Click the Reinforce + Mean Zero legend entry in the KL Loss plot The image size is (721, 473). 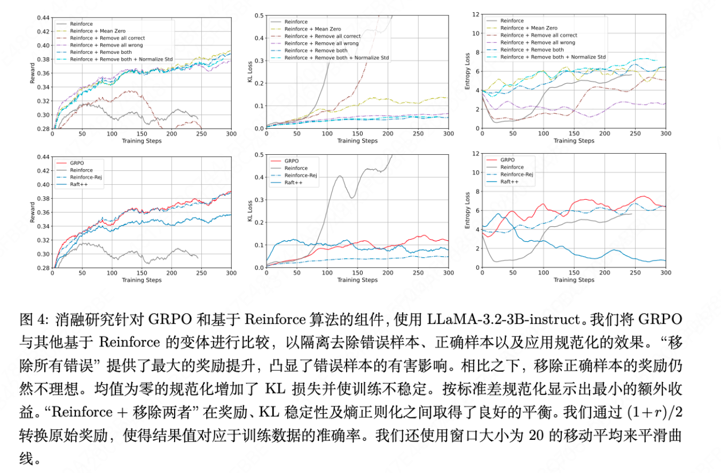312,29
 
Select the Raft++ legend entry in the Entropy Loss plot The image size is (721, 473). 510,182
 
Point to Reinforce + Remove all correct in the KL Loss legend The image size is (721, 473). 322,36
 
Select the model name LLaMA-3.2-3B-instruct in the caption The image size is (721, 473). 504,320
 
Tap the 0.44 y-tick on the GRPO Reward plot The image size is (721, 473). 42,157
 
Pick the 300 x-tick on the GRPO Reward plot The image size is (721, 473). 231,273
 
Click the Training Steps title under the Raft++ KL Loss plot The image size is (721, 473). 357,280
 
